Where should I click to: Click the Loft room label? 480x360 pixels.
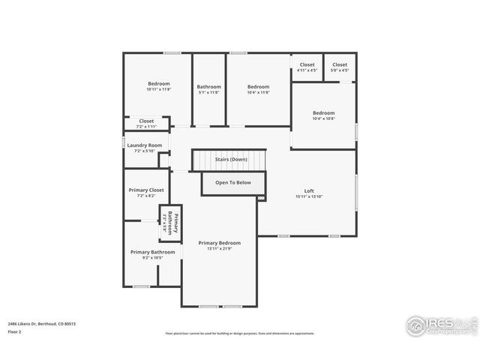coord(308,190)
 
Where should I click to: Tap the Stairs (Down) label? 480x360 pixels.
coord(230,160)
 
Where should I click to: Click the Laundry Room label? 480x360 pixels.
coord(144,145)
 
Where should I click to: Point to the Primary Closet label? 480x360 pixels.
coord(146,190)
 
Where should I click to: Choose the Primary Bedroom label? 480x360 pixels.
coord(219,243)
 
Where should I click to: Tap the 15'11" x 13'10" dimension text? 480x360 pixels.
coord(308,196)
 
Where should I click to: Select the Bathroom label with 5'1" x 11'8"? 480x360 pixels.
coord(208,86)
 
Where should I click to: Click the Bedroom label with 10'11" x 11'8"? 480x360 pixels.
coord(158,83)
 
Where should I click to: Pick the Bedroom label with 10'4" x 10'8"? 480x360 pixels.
coord(323,113)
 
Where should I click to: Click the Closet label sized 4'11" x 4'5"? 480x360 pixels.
coord(307,64)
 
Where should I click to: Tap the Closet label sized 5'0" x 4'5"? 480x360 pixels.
coord(340,64)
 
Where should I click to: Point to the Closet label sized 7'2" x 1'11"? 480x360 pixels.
coord(146,121)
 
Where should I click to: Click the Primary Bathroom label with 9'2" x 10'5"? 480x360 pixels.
coord(152,252)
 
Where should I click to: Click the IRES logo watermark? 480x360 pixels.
coord(438,325)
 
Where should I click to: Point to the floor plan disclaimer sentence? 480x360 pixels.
coord(239,333)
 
